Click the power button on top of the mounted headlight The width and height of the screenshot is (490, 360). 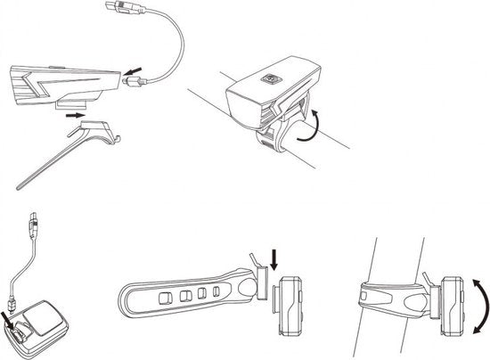267,78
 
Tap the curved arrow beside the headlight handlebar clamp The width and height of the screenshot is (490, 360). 308,122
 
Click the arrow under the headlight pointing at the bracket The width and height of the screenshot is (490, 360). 78,115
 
